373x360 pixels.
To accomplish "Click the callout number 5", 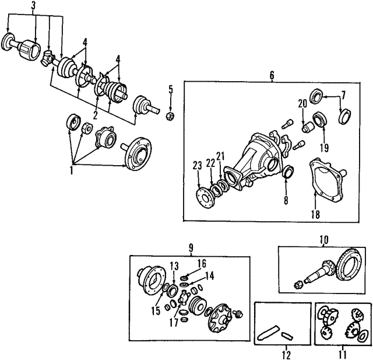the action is [171, 89].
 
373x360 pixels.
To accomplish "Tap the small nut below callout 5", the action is [170, 116].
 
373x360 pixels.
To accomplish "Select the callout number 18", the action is [315, 214].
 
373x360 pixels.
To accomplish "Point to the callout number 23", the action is [198, 166].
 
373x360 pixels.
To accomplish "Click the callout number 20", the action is [302, 104].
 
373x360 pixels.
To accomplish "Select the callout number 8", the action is [286, 200].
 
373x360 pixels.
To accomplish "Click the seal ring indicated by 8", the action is [288, 172].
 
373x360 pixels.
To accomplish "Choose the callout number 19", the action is [324, 148].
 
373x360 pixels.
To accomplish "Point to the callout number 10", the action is [324, 240].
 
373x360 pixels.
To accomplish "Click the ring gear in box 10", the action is [351, 266].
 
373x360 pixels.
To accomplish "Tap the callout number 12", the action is [287, 355].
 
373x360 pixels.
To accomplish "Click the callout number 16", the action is [202, 264].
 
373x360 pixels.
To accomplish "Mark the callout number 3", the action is [33, 6].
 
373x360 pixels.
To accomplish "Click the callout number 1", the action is [71, 170].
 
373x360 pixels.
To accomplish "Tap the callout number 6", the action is [272, 75].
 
